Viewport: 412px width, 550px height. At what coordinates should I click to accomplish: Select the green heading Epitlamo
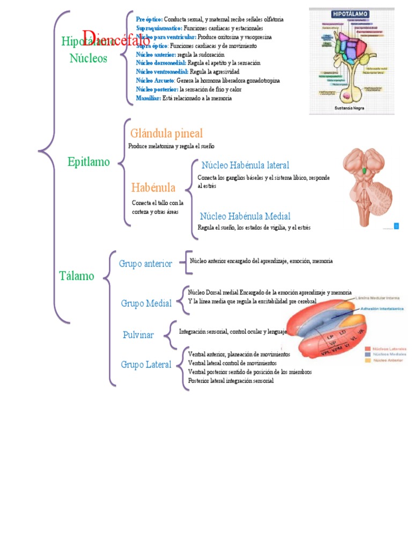(x=89, y=162)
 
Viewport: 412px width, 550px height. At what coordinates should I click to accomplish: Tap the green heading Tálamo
(x=76, y=276)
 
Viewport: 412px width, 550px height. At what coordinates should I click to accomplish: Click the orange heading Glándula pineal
(x=166, y=133)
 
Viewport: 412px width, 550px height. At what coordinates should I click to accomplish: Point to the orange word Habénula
(x=153, y=187)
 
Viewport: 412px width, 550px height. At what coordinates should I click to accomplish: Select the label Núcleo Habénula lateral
(x=245, y=165)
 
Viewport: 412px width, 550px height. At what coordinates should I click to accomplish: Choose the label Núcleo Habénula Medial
(x=245, y=216)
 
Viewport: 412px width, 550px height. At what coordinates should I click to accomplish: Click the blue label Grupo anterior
(x=145, y=264)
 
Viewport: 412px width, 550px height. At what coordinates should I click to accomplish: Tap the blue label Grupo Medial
(x=146, y=303)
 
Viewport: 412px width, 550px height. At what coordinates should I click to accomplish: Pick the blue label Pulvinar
(x=138, y=335)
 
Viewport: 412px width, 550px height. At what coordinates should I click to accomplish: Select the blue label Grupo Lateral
(x=146, y=365)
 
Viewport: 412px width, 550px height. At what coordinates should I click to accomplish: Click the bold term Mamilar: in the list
(x=149, y=98)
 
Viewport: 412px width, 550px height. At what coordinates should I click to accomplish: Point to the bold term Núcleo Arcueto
(x=155, y=81)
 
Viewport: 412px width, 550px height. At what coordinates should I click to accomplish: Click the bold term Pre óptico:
(x=149, y=19)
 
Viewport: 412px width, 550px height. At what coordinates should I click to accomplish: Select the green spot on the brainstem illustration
(x=365, y=171)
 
